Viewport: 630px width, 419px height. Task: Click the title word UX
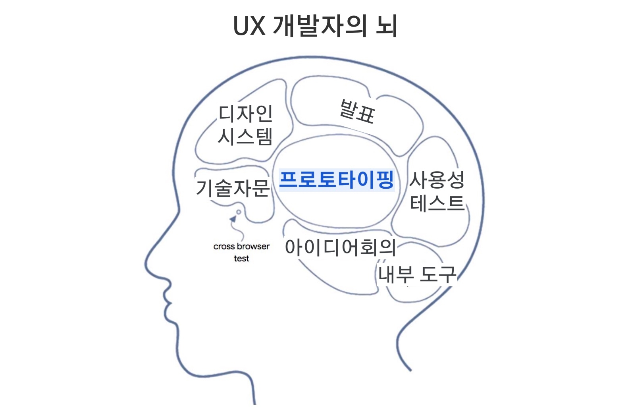coord(249,26)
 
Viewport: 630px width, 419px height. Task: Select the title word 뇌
coord(386,26)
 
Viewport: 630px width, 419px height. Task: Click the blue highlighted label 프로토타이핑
coord(336,180)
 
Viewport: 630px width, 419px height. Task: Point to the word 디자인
coord(245,114)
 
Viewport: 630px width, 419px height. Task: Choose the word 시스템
coord(245,137)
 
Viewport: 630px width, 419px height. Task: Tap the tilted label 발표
coord(357,112)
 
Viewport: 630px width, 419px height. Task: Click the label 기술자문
coord(232,188)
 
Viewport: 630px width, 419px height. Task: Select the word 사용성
coord(437,180)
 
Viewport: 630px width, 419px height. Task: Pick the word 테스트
coord(437,203)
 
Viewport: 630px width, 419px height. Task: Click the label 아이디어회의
coord(340,247)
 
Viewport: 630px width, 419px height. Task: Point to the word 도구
coord(437,274)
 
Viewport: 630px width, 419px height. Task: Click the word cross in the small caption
coord(224,247)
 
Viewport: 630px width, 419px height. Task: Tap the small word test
coord(241,259)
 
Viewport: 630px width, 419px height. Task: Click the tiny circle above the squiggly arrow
coord(239,212)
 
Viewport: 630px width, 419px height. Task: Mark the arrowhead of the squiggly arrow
coord(233,219)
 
